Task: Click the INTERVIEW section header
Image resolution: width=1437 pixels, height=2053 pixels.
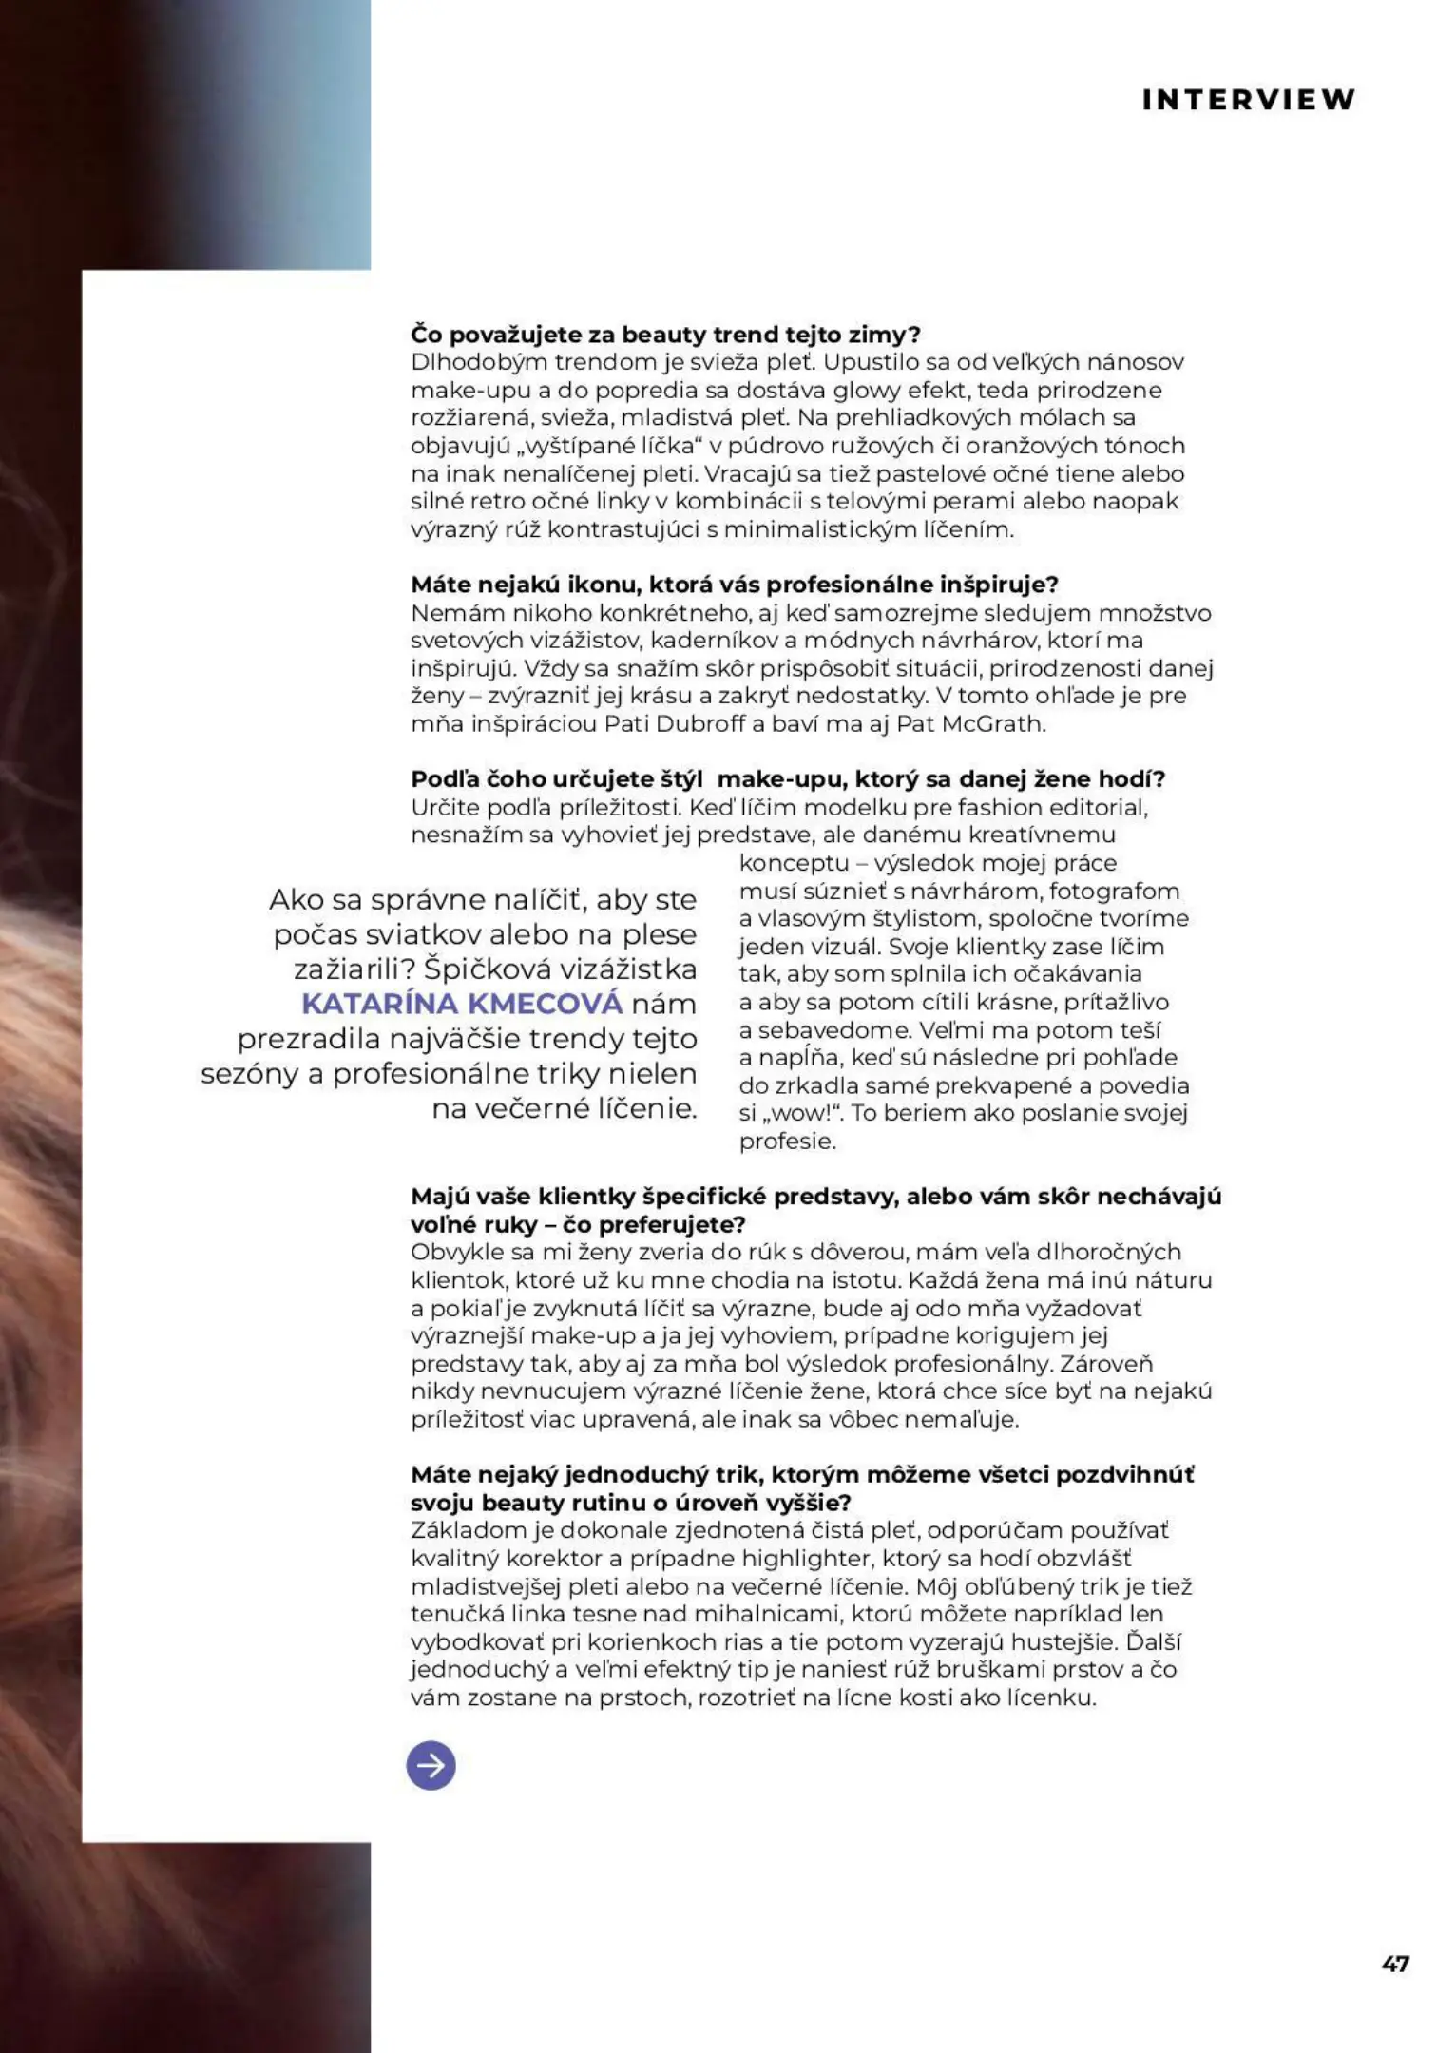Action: pos(1248,100)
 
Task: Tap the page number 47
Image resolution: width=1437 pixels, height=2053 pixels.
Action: pos(1395,1964)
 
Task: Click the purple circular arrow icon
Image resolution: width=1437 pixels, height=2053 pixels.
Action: pos(431,1766)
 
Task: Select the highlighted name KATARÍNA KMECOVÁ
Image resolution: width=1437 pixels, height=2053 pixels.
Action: pos(462,1004)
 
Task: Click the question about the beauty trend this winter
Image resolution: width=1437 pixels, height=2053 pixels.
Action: pos(665,335)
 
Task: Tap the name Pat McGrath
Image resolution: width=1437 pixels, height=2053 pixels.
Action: pos(970,724)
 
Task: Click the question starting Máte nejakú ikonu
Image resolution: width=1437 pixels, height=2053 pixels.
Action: pos(735,585)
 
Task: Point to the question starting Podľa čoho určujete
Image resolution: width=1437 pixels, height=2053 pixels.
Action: pos(787,779)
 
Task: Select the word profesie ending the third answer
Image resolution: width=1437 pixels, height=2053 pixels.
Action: pos(787,1142)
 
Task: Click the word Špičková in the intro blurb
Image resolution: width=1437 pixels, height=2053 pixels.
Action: pos(489,969)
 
